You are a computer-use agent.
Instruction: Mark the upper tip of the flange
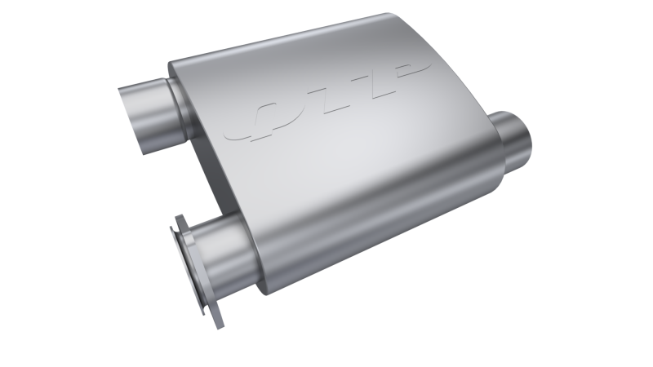pos(174,219)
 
